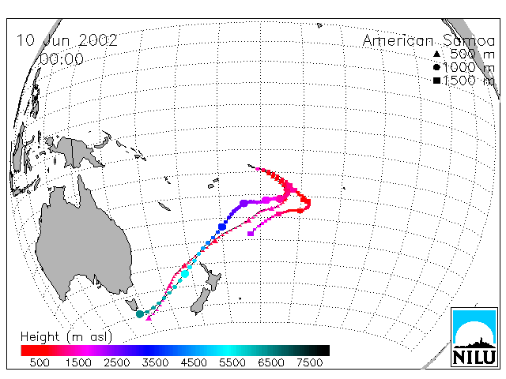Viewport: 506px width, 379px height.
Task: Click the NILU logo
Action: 474,337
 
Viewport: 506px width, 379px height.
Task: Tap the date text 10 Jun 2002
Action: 66,40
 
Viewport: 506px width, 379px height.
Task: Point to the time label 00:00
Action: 62,59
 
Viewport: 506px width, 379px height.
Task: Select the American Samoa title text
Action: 429,41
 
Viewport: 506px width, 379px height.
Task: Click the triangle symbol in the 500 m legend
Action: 436,54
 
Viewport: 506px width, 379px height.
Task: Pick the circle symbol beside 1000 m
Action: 436,67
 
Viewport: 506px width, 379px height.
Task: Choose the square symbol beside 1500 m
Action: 436,81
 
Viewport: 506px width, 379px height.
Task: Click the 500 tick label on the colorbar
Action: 40,362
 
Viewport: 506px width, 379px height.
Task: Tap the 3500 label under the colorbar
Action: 155,362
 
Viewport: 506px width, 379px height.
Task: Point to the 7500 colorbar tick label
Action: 309,362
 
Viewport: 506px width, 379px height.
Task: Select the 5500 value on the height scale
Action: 232,362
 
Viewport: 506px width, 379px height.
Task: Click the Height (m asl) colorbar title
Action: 66,337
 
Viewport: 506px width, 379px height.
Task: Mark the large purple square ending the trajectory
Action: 251,233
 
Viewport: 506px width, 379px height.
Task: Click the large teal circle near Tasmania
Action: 140,314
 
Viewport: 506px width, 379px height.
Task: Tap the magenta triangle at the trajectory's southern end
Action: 149,318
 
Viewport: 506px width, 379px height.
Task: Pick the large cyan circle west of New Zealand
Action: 185,274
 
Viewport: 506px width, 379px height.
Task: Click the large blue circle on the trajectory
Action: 222,227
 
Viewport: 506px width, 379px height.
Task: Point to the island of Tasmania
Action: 132,304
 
